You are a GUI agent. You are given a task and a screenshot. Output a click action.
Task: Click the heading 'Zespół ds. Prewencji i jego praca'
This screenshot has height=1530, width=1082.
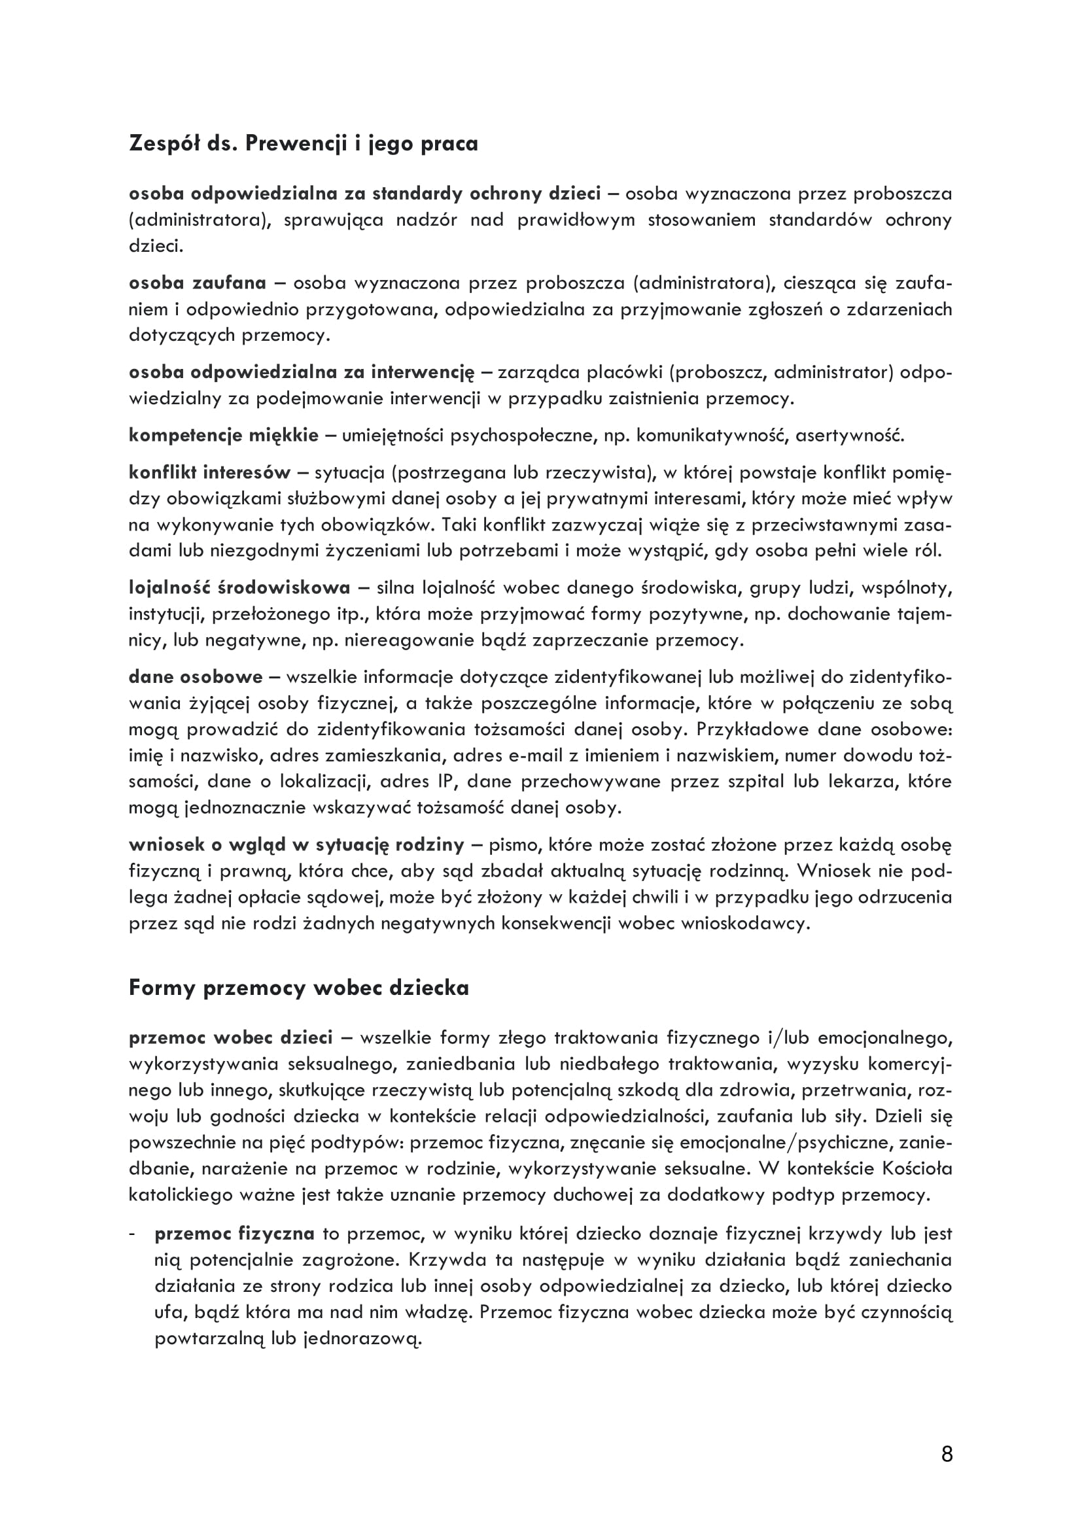(303, 144)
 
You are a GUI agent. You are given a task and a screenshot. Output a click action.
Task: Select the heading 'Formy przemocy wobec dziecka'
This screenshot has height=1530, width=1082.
(298, 988)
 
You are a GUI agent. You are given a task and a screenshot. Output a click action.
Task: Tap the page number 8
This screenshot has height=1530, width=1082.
(947, 1454)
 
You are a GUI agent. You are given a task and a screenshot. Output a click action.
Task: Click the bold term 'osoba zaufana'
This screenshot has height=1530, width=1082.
(197, 283)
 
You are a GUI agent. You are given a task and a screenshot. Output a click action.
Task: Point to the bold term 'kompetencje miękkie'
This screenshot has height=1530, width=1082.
(224, 436)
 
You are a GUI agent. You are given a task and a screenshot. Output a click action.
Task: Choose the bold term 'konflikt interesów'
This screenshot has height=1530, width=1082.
(210, 472)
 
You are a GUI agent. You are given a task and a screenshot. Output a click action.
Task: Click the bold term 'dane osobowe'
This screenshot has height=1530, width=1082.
(196, 677)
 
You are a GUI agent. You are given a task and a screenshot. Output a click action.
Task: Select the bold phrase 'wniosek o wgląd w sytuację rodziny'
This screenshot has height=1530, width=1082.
(296, 845)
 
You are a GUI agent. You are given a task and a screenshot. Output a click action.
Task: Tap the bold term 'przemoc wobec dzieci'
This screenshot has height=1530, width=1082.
(230, 1037)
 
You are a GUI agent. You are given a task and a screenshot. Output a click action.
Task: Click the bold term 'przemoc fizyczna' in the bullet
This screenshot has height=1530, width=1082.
(235, 1234)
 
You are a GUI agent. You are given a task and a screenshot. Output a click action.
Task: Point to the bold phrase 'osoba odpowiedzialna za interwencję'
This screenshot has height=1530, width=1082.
(301, 372)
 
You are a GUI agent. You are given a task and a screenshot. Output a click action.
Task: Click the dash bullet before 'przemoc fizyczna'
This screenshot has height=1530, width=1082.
(133, 1234)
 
